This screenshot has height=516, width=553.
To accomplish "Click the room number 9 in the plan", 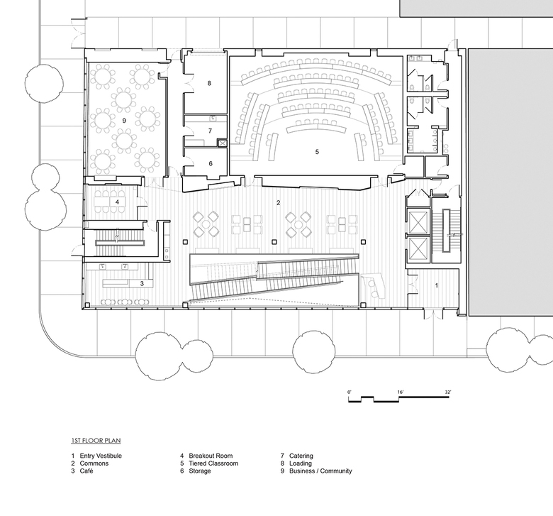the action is [x=124, y=121].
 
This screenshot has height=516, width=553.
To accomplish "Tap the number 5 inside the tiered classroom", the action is [x=317, y=152].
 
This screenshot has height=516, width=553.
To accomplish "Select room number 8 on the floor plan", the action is [x=209, y=83].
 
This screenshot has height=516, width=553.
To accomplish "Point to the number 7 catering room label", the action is [x=210, y=131].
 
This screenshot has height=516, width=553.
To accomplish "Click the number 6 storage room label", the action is [x=211, y=163].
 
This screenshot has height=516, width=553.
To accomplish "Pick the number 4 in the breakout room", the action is [x=117, y=202].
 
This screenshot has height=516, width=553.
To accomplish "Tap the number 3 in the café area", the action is [x=142, y=283].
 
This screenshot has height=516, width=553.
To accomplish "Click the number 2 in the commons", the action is [x=279, y=203].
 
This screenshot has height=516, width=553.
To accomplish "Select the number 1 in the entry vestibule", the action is [x=437, y=285].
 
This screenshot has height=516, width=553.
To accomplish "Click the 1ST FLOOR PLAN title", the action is [x=96, y=441].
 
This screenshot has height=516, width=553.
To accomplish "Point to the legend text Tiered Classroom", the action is [x=213, y=463].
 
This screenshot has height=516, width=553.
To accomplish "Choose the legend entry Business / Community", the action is [x=320, y=471].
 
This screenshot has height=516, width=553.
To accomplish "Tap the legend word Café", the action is [x=86, y=471].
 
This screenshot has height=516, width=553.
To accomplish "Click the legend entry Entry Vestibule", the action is [x=101, y=456].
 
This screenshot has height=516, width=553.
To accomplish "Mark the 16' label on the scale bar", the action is [x=401, y=392].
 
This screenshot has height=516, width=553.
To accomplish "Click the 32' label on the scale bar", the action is [x=448, y=392].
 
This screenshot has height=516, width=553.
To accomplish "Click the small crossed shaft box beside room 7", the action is [x=222, y=143].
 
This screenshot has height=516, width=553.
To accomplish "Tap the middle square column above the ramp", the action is [x=274, y=242].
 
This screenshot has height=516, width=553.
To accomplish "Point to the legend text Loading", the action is [x=301, y=463].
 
